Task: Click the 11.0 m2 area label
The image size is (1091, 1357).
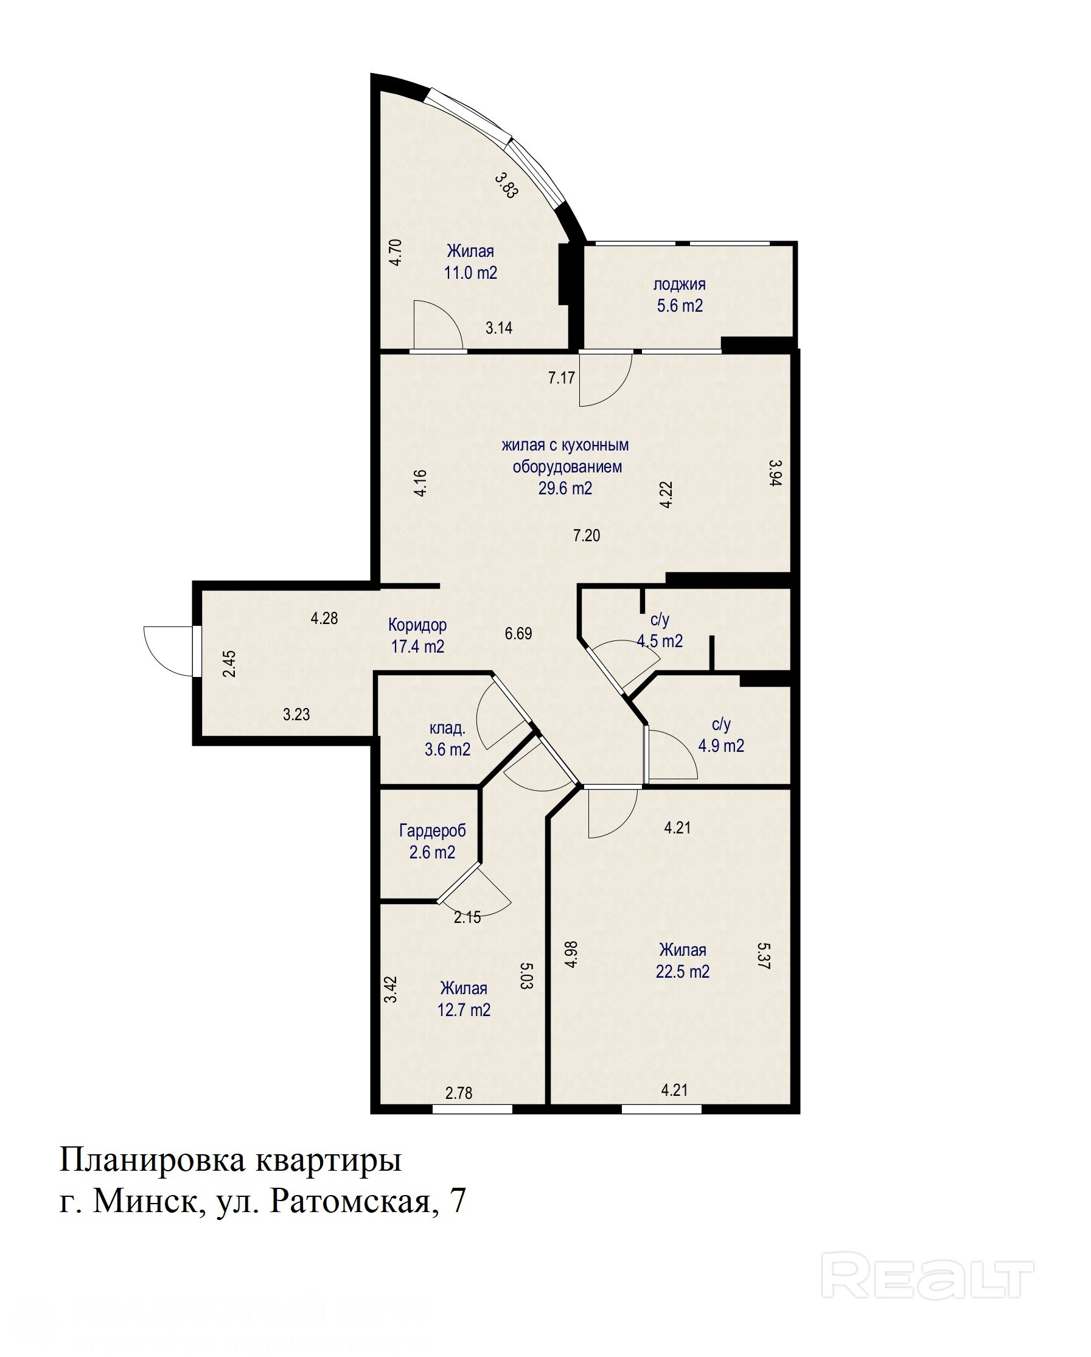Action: pyautogui.click(x=470, y=273)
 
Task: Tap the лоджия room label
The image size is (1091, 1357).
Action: pyautogui.click(x=680, y=284)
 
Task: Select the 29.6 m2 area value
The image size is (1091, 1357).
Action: pyautogui.click(x=565, y=488)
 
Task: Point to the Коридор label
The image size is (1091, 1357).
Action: pyautogui.click(x=417, y=625)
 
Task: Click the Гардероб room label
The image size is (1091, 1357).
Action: pyautogui.click(x=432, y=831)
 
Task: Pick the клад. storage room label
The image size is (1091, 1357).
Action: pyautogui.click(x=447, y=728)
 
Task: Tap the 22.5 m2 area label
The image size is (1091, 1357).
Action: pyautogui.click(x=683, y=972)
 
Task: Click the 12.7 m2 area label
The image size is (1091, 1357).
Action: pyautogui.click(x=464, y=1010)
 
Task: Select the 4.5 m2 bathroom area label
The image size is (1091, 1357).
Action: pyautogui.click(x=660, y=642)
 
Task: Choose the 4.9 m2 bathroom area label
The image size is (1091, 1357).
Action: pyautogui.click(x=721, y=746)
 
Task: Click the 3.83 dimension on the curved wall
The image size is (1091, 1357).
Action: pyautogui.click(x=506, y=186)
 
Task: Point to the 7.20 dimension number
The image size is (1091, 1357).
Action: pyautogui.click(x=587, y=536)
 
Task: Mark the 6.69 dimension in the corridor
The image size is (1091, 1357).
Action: pyautogui.click(x=518, y=633)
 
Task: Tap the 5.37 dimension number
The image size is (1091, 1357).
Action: pyautogui.click(x=763, y=955)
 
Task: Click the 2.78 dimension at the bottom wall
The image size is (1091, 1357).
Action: pyautogui.click(x=459, y=1093)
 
